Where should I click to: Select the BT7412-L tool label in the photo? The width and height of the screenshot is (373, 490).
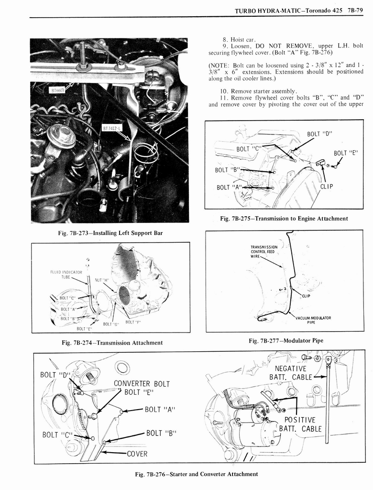(x=112, y=128)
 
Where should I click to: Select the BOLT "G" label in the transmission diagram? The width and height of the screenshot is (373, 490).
(x=111, y=324)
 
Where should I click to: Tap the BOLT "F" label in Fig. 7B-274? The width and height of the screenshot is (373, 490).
(x=133, y=322)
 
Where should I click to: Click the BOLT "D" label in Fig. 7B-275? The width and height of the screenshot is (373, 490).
(x=320, y=133)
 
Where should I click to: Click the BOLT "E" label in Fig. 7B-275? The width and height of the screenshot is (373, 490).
(x=346, y=153)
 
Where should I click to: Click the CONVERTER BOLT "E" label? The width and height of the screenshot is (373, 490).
(x=142, y=388)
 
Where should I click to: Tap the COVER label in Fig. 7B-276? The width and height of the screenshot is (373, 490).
(x=137, y=454)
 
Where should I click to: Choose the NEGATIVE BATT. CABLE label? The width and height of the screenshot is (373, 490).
(x=291, y=372)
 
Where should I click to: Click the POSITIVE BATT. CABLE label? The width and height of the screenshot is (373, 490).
(x=300, y=424)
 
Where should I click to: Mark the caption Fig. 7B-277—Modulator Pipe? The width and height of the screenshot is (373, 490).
(x=285, y=340)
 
